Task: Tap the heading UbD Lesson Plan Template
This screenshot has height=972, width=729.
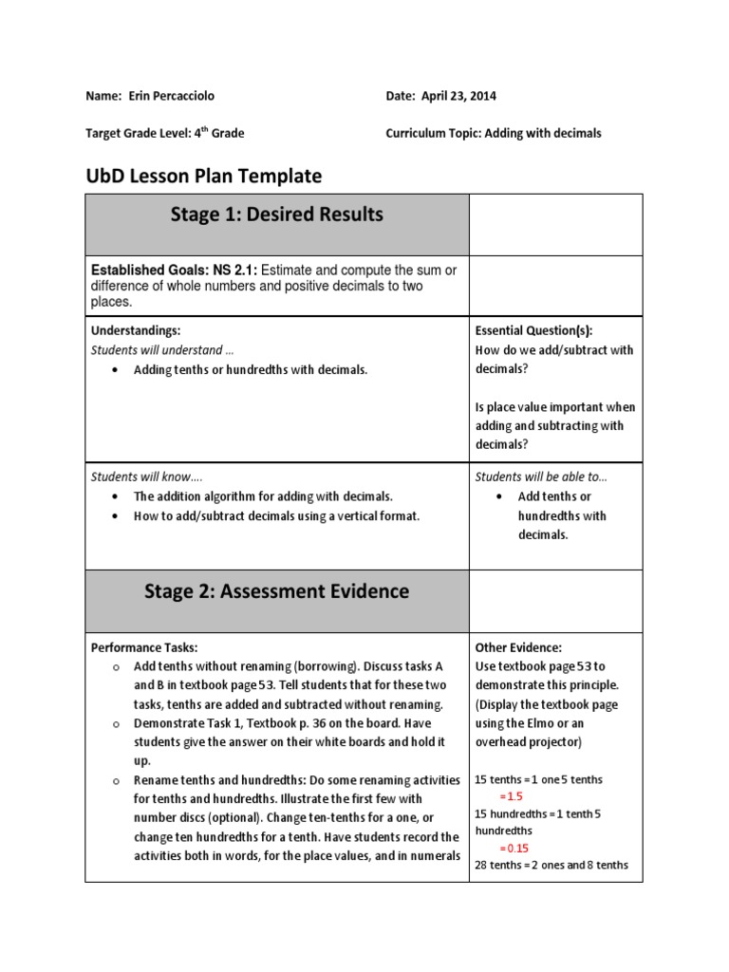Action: [203, 176]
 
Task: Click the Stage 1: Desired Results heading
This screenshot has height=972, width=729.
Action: [276, 215]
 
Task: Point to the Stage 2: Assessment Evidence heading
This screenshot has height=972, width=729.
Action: [276, 591]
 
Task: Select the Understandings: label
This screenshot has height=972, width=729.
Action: [136, 330]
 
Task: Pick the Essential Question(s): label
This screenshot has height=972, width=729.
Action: [533, 330]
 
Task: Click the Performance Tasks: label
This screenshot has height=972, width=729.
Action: [144, 647]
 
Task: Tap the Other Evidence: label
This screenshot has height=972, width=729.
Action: [518, 647]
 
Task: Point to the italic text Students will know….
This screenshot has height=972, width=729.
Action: [146, 477]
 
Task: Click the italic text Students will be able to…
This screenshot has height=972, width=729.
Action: [541, 477]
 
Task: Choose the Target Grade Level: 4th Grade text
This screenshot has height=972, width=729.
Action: [164, 134]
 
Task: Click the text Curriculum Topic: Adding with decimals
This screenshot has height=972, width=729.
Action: [494, 134]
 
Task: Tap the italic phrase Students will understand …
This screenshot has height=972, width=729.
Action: [162, 350]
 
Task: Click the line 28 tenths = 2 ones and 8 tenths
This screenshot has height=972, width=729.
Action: [551, 864]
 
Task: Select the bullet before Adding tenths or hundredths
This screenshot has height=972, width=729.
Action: [115, 370]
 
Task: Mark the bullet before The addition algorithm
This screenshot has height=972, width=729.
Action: [115, 496]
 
